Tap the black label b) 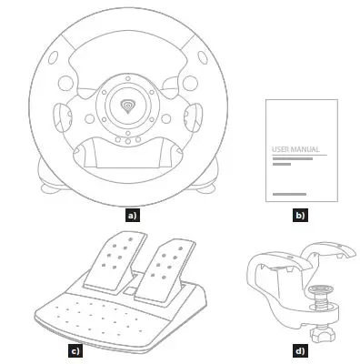pos(300,217)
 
